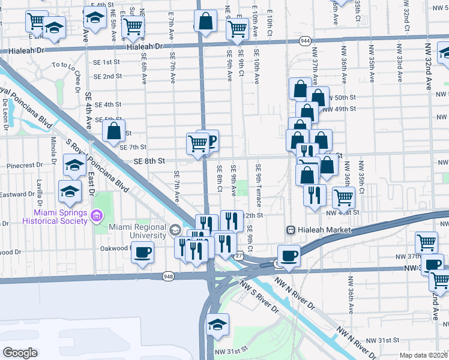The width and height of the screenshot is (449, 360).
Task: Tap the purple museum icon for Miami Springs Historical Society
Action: pyautogui.click(x=97, y=215)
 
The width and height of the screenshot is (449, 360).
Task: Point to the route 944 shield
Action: pyautogui.click(x=304, y=41)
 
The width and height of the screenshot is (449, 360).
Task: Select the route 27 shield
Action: pyautogui.click(x=239, y=256)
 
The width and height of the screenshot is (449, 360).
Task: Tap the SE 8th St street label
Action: pyautogui.click(x=149, y=161)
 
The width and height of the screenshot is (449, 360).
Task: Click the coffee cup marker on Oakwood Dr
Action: pyautogui.click(x=142, y=253)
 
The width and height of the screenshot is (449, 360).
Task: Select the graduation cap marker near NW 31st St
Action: pyautogui.click(x=216, y=325)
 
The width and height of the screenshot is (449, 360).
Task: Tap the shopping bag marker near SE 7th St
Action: pyautogui.click(x=114, y=130)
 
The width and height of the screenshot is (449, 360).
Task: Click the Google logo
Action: pyautogui.click(x=19, y=353)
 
